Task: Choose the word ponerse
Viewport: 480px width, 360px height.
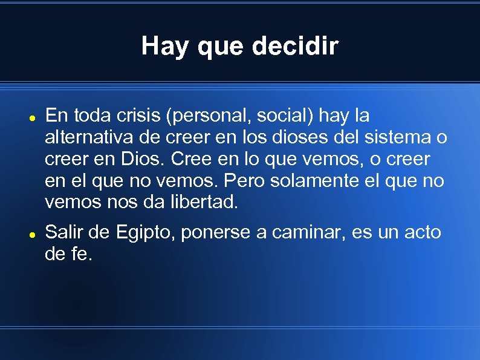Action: [x=218, y=232]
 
